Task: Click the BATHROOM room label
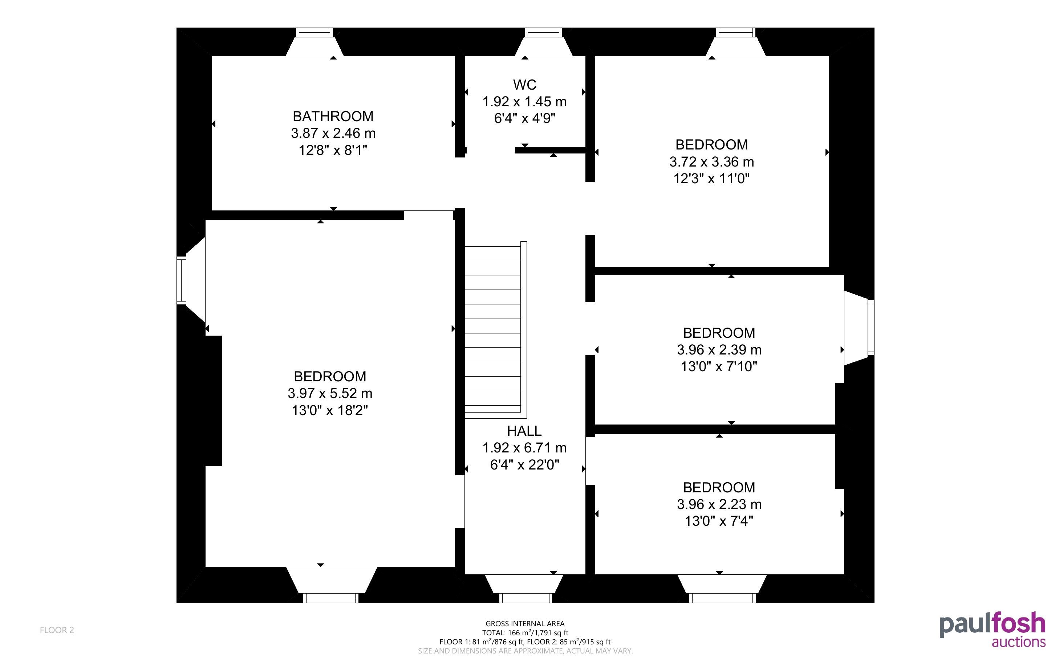click(333, 116)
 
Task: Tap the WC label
click(524, 85)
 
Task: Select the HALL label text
click(524, 431)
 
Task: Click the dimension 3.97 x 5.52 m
click(330, 393)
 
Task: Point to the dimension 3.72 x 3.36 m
click(711, 162)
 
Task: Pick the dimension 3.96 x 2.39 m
click(719, 350)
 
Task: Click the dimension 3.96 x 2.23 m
click(719, 504)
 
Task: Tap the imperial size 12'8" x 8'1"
click(333, 150)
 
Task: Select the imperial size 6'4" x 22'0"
click(524, 465)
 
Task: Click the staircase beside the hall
click(495, 330)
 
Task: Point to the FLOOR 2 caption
click(57, 630)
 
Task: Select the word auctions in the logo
click(1018, 642)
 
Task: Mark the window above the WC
click(543, 33)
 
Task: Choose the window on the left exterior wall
click(182, 280)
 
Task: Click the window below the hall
click(525, 598)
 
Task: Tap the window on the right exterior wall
click(871, 327)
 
